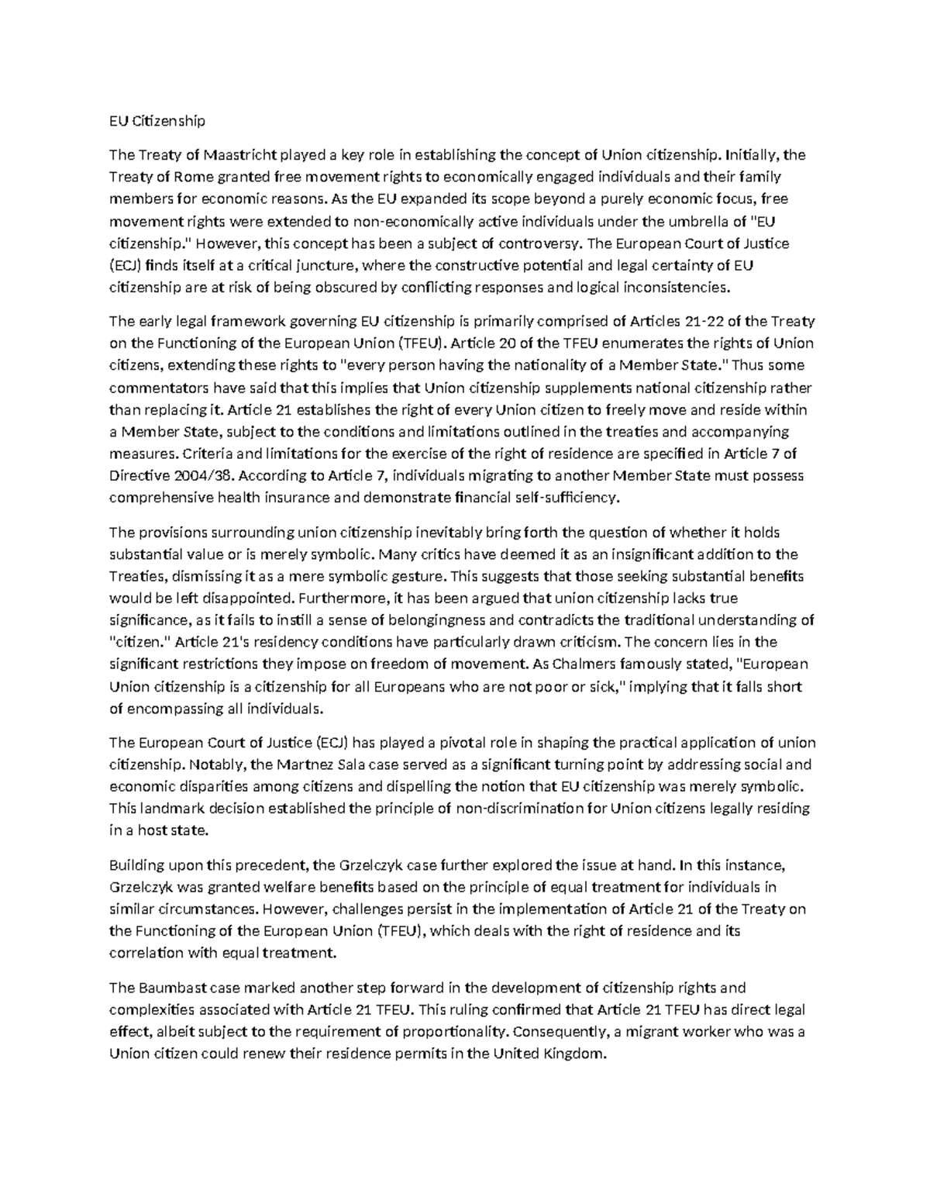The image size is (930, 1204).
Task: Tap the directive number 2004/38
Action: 208,475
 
